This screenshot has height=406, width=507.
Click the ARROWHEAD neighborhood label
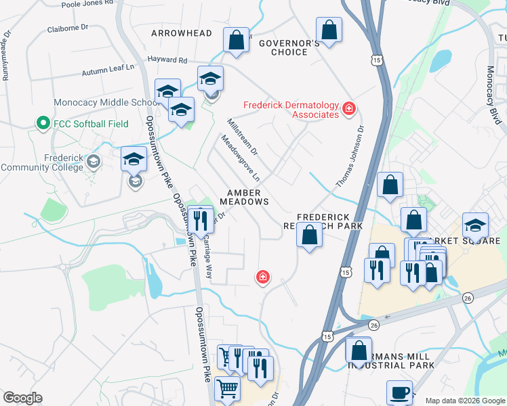181,33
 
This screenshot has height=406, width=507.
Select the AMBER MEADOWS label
243,197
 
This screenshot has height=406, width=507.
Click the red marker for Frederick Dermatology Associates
348,109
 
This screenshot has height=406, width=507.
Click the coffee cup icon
399,392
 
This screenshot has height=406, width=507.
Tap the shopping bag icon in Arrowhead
236,39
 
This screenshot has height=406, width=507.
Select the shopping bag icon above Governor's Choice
329,29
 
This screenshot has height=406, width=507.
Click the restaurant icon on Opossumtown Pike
200,219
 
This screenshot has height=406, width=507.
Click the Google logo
22,398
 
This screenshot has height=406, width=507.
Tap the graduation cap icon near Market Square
475,225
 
